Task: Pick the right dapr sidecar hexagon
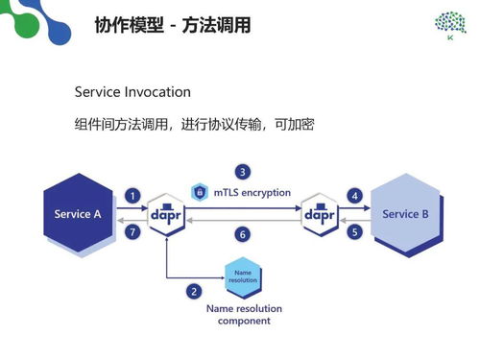pos(319,215)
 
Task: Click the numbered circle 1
pos(133,196)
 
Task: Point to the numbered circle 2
pos(194,291)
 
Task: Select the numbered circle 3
pos(244,172)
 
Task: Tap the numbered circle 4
pos(354,196)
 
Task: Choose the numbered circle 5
pos(354,231)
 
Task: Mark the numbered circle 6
pos(244,233)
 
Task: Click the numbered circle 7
pos(133,231)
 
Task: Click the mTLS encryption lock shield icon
pos(200,191)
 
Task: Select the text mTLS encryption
pos(252,192)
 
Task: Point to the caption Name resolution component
pos(244,314)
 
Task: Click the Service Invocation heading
pos(132,92)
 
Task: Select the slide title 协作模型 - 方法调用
pos(173,25)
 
